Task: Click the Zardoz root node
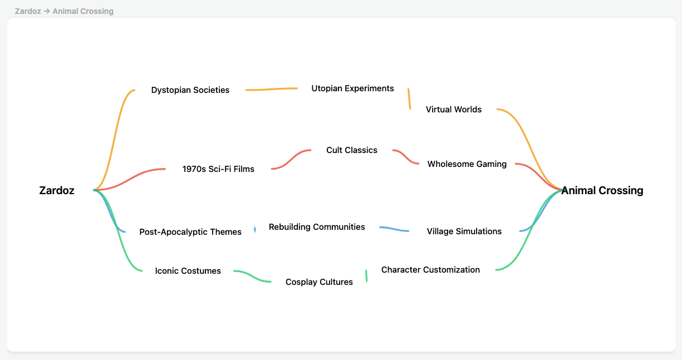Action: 57,190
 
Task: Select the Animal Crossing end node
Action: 602,190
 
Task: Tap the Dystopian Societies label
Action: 190,90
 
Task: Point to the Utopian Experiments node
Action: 352,88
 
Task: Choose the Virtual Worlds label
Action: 454,110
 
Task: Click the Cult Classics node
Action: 352,150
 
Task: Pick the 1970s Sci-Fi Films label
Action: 218,169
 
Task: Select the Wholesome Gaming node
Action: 467,164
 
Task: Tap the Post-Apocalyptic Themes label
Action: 190,232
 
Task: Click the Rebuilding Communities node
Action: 317,227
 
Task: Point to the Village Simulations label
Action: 464,231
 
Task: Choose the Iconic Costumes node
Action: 188,271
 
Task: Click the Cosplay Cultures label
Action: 319,282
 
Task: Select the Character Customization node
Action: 430,270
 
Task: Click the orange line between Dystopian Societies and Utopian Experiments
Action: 271,89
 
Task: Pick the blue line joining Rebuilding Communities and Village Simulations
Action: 394,229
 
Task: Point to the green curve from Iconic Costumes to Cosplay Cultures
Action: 252,277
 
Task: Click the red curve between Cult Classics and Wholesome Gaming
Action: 406,157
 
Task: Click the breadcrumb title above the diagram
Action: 64,11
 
